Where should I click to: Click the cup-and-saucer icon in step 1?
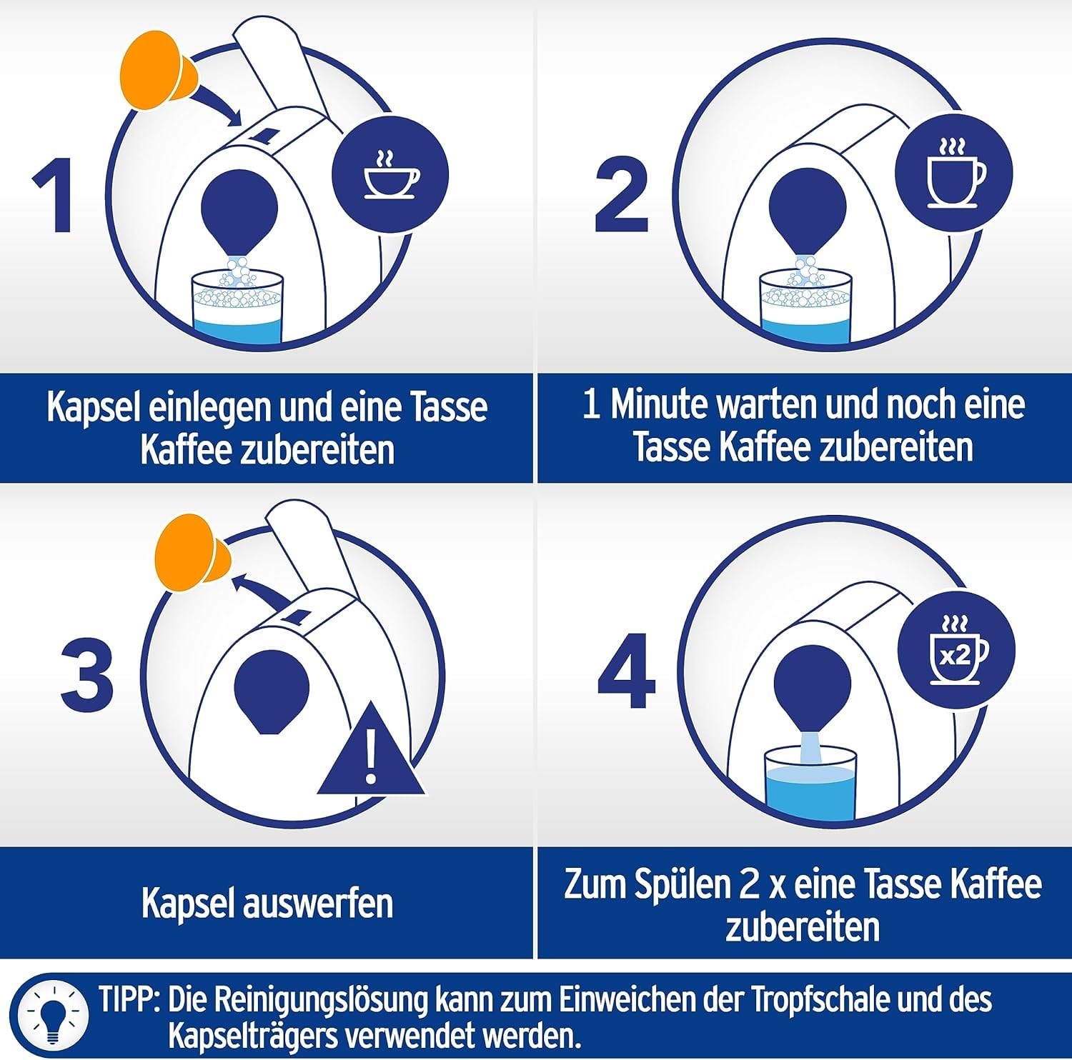click(x=391, y=175)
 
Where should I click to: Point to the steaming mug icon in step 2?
click(x=955, y=175)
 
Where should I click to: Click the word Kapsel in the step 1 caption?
click(x=93, y=407)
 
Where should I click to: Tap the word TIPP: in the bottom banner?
click(x=129, y=1000)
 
